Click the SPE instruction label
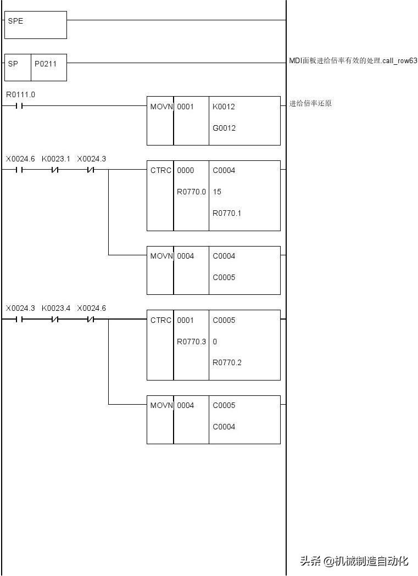15,21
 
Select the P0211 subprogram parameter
46,64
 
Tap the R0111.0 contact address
20,95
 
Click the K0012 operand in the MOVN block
224,107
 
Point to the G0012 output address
224,128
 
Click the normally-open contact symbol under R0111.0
19,106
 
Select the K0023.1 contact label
55,159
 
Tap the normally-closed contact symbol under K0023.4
55,320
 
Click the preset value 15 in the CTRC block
217,192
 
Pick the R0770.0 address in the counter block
191,192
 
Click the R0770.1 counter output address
227,213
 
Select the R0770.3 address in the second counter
191,342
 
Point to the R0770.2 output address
227,363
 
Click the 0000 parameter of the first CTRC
185,170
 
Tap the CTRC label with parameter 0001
160,320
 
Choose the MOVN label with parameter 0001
161,107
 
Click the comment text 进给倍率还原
310,104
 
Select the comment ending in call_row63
353,60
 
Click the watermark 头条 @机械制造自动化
354,561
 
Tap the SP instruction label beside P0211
13,64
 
